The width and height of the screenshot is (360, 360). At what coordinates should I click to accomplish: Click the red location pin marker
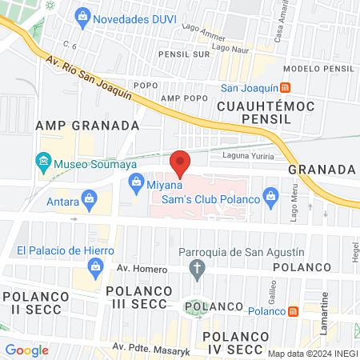coord(180,163)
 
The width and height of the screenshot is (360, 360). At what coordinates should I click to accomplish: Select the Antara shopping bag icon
coord(90,197)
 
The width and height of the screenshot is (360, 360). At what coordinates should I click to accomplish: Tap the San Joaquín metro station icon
coord(286,88)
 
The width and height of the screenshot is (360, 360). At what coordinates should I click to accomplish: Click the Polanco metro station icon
coord(294,310)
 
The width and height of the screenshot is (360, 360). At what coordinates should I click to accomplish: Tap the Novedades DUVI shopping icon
coord(81,16)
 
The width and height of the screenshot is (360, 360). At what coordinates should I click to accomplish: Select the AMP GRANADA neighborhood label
coord(87,126)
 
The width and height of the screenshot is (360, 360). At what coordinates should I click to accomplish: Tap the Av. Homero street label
coord(119,270)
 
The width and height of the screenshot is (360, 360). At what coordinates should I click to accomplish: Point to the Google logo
coord(26,350)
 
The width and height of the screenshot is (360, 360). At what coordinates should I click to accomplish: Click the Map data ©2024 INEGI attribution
coord(311,354)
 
